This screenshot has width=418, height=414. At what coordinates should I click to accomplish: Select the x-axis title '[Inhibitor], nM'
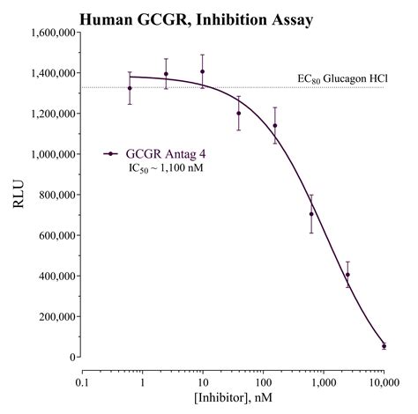click(x=234, y=401)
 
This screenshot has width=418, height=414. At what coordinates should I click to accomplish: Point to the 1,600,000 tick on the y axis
click(x=49, y=33)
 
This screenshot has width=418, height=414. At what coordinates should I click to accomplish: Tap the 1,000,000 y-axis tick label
click(x=49, y=154)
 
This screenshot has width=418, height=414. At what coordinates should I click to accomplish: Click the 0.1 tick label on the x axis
click(x=83, y=383)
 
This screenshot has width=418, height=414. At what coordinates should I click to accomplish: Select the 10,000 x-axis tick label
click(x=384, y=383)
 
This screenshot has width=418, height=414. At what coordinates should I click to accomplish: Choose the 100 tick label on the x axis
click(x=263, y=383)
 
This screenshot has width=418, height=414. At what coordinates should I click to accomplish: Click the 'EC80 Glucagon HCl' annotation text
click(x=340, y=78)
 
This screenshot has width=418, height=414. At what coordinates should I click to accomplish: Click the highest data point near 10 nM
click(x=202, y=71)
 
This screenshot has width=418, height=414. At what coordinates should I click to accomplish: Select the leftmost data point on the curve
click(x=130, y=88)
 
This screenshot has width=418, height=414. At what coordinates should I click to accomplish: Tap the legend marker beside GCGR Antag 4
click(x=111, y=153)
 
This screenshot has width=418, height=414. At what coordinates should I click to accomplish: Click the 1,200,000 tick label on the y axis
click(x=49, y=114)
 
